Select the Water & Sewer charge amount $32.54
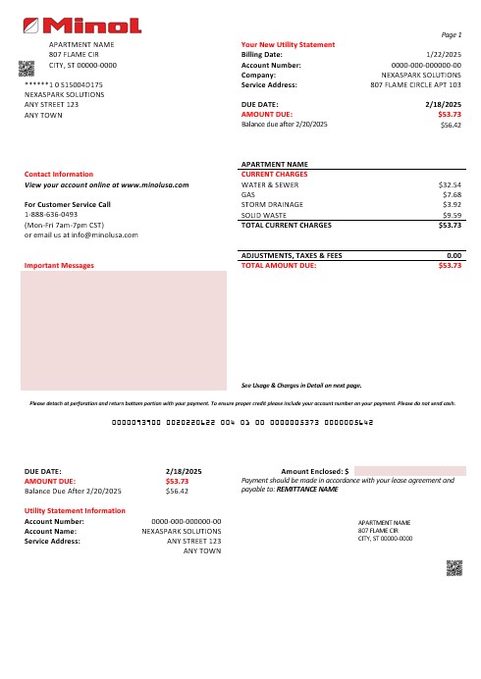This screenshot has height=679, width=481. click(450, 183)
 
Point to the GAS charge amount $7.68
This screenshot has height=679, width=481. click(452, 194)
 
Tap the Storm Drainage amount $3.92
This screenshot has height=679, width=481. click(452, 204)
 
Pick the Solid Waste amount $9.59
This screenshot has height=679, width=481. click(452, 214)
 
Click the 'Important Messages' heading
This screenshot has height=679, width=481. click(59, 265)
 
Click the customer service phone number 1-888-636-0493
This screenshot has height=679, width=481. click(51, 214)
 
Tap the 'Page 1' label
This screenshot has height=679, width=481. click(452, 34)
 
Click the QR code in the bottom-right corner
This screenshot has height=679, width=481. click(454, 567)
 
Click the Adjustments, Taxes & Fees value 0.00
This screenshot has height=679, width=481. click(454, 255)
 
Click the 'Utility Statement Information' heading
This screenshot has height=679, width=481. click(75, 511)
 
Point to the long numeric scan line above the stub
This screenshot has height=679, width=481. click(240, 423)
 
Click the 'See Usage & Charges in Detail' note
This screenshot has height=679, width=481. click(301, 386)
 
